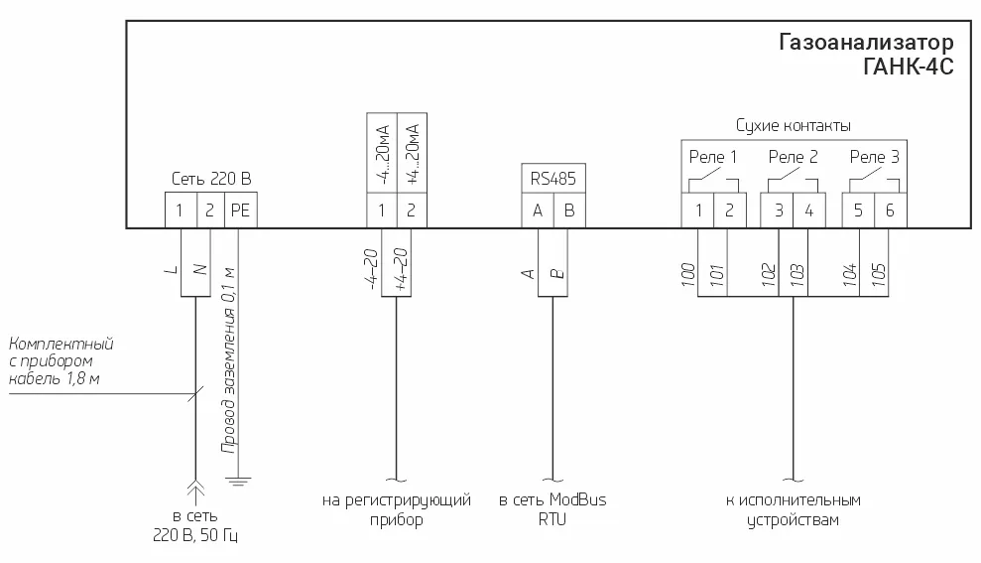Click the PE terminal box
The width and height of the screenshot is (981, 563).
(x=241, y=211)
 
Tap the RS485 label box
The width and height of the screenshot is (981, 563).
(x=552, y=179)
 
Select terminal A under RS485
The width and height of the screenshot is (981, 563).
(x=538, y=211)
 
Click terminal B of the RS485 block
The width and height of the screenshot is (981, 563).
(x=568, y=211)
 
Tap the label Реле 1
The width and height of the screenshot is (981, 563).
(x=713, y=157)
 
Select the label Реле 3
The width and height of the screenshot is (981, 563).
(x=875, y=157)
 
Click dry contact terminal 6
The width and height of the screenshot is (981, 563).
(x=890, y=211)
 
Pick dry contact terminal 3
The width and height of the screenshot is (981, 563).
(x=779, y=211)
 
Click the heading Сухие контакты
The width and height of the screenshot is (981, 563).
(x=793, y=126)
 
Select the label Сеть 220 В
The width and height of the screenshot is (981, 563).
(x=211, y=179)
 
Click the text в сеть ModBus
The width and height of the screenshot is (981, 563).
(x=552, y=500)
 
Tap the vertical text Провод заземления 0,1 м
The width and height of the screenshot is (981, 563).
(x=228, y=359)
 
